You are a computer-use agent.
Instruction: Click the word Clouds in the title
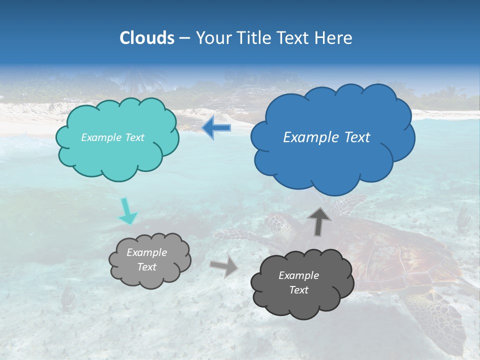[x=146, y=38]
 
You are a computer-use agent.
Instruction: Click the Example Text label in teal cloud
[x=112, y=137]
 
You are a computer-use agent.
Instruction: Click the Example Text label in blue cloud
[x=326, y=137]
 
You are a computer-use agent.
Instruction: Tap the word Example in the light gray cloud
[x=146, y=252]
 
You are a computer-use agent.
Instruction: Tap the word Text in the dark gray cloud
[x=298, y=290]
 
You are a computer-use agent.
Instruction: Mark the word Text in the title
[x=294, y=38]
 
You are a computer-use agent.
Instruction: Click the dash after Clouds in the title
[x=184, y=38]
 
